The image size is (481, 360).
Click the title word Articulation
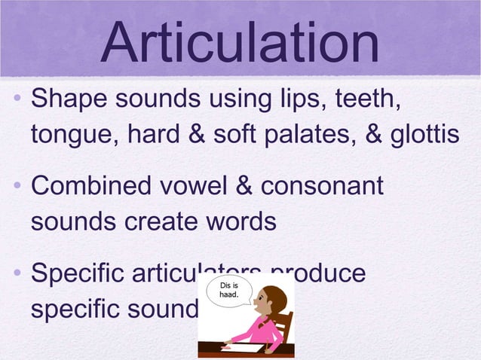pyautogui.click(x=240, y=43)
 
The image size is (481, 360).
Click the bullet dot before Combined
pyautogui.click(x=17, y=187)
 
